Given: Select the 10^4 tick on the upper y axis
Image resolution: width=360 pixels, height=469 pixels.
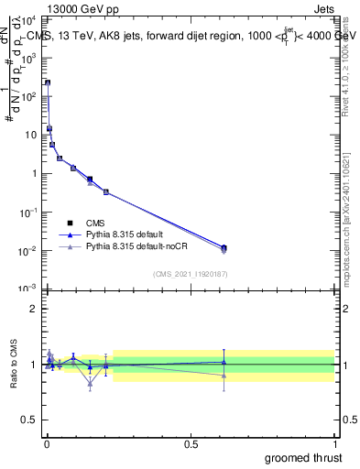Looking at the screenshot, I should pos(30,19).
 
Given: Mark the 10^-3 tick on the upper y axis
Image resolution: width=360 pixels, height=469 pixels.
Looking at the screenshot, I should pos(30,289).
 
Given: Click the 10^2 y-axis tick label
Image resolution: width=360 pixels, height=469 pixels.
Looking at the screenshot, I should pos(30,96).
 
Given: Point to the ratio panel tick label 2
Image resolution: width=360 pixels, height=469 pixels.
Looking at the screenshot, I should pos(32,309).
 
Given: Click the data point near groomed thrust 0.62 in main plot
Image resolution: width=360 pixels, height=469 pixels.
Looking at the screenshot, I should pos(224,248).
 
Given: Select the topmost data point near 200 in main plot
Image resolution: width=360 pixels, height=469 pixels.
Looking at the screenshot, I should pos(48,82).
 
